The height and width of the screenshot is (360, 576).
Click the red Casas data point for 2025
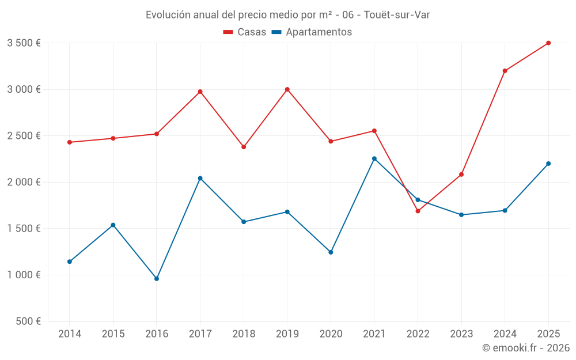click(x=548, y=43)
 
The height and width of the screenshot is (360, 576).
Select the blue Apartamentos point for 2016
click(x=157, y=279)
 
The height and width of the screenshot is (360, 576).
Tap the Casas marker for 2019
click(x=287, y=89)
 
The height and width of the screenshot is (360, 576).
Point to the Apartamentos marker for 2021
click(x=374, y=158)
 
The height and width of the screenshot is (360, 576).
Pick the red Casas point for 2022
click(x=418, y=211)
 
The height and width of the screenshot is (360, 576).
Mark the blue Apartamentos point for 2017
click(x=200, y=178)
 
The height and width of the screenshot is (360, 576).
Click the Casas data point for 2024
click(x=505, y=71)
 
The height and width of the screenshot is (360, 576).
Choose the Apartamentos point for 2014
click(x=70, y=262)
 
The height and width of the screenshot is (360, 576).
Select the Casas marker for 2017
click(x=200, y=92)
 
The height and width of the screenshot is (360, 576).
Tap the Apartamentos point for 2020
click(x=331, y=252)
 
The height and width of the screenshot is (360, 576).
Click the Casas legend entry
click(x=245, y=32)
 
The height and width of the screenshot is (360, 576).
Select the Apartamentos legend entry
click(x=312, y=32)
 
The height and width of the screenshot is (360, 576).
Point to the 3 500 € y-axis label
click(x=24, y=43)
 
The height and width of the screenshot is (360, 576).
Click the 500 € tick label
click(x=28, y=321)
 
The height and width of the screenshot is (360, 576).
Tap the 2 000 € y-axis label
click(x=24, y=182)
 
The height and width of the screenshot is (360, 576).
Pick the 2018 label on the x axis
click(x=244, y=334)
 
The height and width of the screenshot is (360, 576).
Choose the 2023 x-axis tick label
click(x=461, y=334)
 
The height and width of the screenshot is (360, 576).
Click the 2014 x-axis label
click(x=70, y=334)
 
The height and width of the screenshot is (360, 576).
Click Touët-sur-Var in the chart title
click(x=397, y=14)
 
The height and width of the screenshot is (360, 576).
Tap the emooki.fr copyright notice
click(x=525, y=348)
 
